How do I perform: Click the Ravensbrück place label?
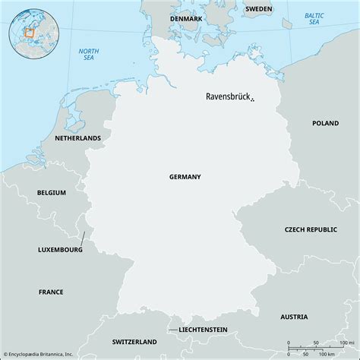pos(228,97)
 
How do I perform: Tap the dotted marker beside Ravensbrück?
pos(252,99)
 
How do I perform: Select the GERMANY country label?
pos(185,176)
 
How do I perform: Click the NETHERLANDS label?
pos(77,139)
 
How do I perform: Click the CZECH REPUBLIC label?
pos(311,229)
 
